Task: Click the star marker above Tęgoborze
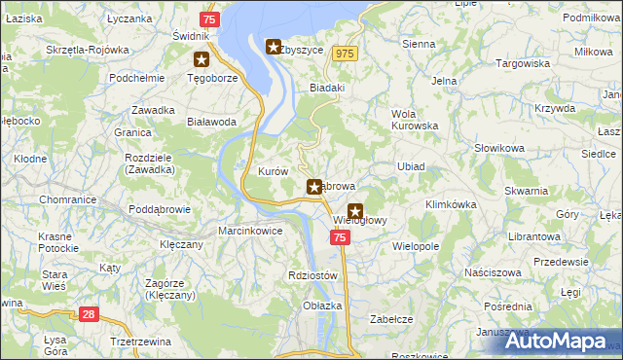[x=202, y=59]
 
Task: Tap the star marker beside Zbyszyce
[x=274, y=46]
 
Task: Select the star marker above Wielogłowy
[x=355, y=209]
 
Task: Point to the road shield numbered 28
[x=89, y=314]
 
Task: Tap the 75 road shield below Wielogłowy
[x=339, y=237]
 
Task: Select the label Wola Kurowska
[x=416, y=120]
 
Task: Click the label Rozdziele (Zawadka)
[x=150, y=163]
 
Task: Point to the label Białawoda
[x=211, y=122]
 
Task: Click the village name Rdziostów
[x=312, y=275]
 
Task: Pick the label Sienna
[x=419, y=44]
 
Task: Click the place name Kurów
[x=273, y=171]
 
